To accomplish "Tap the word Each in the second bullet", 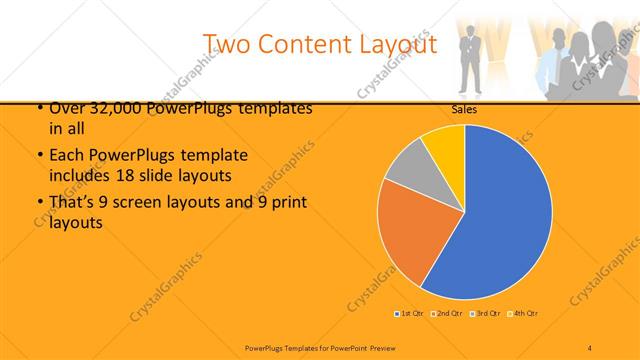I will click(65, 157).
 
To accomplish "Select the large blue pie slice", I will click(500, 215).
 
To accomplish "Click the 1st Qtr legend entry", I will click(410, 314).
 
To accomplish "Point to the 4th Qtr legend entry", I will click(524, 314).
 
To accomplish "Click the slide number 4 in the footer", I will click(590, 347).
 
